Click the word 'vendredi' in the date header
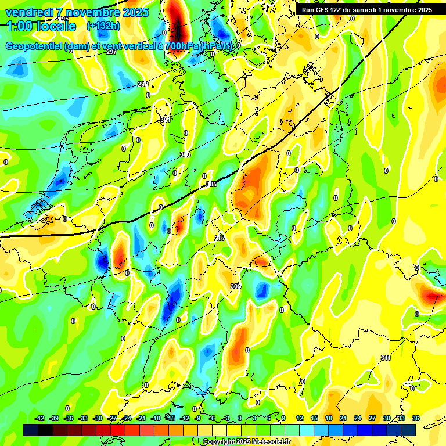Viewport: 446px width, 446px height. click(30, 12)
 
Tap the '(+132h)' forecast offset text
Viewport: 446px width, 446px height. click(103, 26)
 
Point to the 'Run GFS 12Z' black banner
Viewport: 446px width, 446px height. click(366, 10)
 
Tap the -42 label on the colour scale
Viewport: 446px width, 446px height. click(40, 418)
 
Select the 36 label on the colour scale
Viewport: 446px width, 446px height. click(416, 418)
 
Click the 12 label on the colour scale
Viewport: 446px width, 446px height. click(300, 418)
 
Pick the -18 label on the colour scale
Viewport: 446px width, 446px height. click(156, 418)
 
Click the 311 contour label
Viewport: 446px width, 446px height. click(386, 358)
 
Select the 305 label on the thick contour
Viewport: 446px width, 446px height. click(212, 184)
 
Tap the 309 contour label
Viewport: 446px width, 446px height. click(235, 286)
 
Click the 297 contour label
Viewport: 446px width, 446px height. click(111, 52)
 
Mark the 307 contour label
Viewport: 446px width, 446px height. click(220, 238)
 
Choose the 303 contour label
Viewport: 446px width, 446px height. click(186, 154)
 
